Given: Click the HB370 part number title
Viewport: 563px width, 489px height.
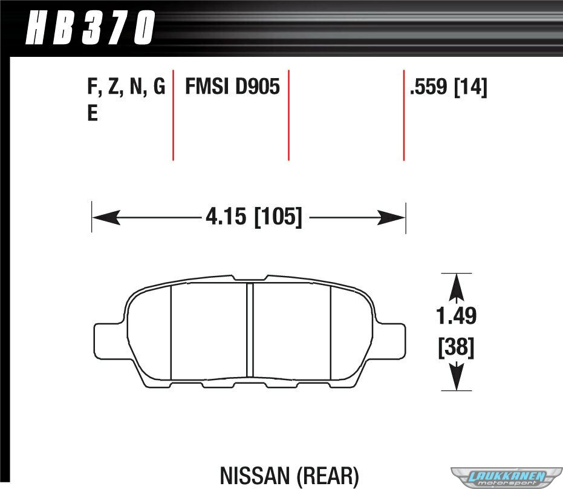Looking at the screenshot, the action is pyautogui.click(x=91, y=27).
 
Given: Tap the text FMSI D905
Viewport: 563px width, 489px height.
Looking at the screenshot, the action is pyautogui.click(x=232, y=87).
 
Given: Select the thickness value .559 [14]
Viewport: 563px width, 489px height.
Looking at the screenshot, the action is pyautogui.click(x=449, y=87).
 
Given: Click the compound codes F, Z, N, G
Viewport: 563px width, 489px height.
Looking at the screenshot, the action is pyautogui.click(x=126, y=87).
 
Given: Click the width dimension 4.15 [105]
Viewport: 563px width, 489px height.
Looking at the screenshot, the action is pyautogui.click(x=254, y=217).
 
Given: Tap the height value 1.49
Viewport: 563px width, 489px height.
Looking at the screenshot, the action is pyautogui.click(x=457, y=316).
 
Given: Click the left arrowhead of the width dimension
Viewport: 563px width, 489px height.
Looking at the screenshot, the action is pyautogui.click(x=106, y=218).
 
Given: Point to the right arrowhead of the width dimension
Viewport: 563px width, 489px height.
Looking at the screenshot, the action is pyautogui.click(x=391, y=218).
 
